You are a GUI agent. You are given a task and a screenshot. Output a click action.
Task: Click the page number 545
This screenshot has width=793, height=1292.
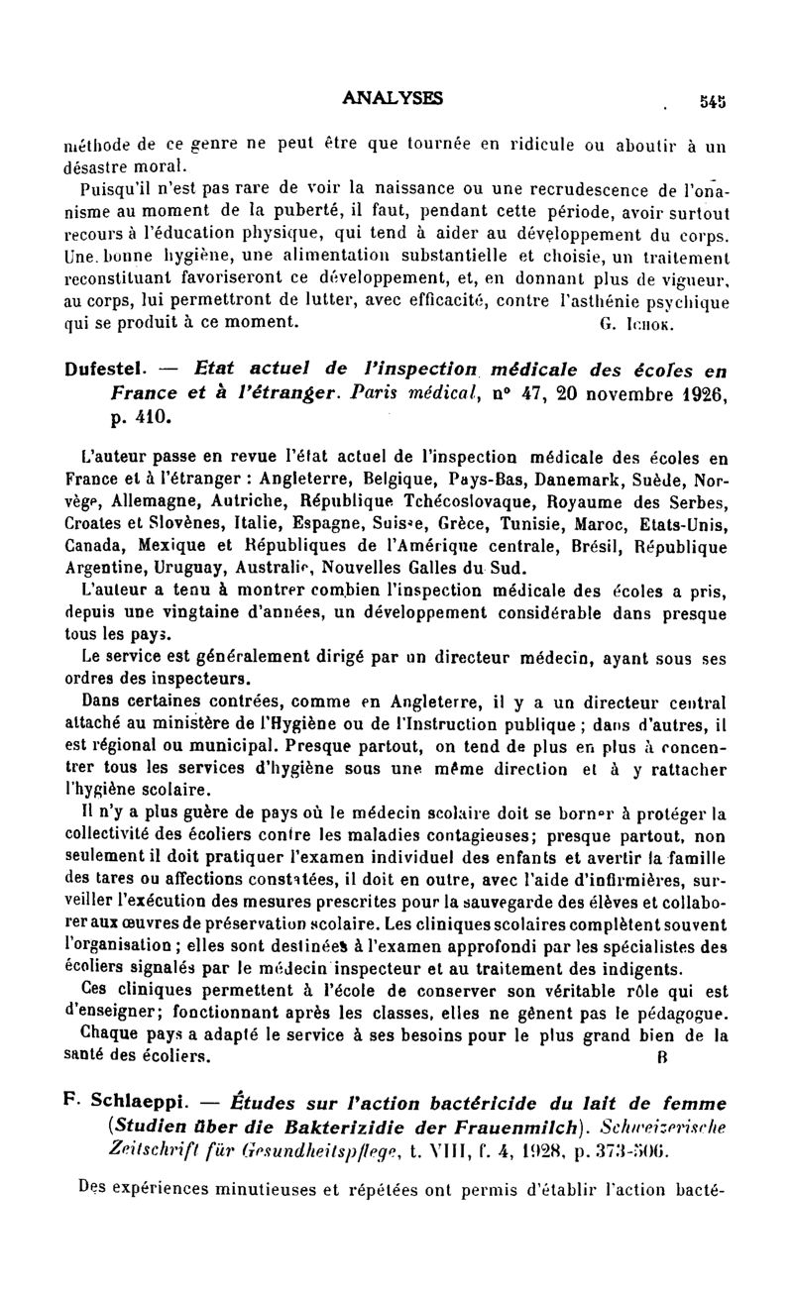tap(713, 99)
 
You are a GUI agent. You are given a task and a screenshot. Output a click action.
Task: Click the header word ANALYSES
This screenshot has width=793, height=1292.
tap(392, 97)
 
